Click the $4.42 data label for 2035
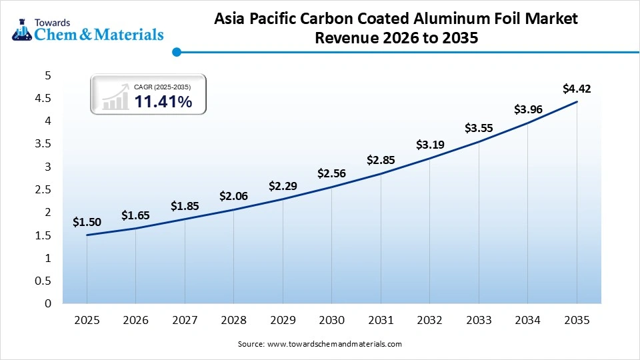pyautogui.click(x=577, y=88)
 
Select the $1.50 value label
pyautogui.click(x=87, y=221)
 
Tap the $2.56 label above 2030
pyautogui.click(x=331, y=173)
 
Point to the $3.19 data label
pyautogui.click(x=429, y=144)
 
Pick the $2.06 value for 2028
pyautogui.click(x=233, y=196)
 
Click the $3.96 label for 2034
pyautogui.click(x=527, y=109)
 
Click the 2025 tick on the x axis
pyautogui.click(x=87, y=321)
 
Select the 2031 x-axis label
pyautogui.click(x=381, y=321)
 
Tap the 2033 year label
pyautogui.click(x=479, y=321)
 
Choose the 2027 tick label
pyautogui.click(x=185, y=321)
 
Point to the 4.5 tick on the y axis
pyautogui.click(x=43, y=98)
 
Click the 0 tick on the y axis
pyautogui.click(x=47, y=303)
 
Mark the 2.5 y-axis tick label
pyautogui.click(x=43, y=189)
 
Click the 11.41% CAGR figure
pyautogui.click(x=163, y=101)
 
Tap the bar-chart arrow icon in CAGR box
pyautogui.click(x=115, y=97)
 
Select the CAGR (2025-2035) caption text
pyautogui.click(x=163, y=87)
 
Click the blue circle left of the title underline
pyautogui.click(x=176, y=51)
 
